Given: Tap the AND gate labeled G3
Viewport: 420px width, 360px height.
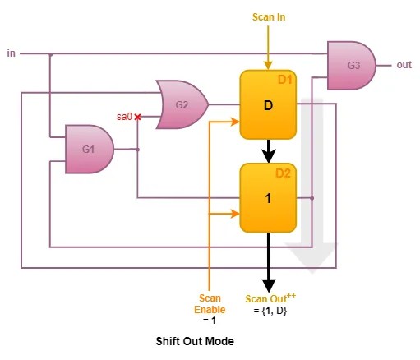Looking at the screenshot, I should pos(351,66).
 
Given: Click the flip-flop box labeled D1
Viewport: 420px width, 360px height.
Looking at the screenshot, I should pos(268,105).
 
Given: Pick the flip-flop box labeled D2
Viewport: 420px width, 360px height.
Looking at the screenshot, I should pos(268,198).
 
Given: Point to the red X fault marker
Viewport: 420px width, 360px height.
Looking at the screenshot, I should pos(137,118).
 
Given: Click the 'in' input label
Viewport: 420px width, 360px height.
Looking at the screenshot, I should pos(11,53).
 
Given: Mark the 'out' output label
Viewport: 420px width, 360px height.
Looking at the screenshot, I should pos(404,65).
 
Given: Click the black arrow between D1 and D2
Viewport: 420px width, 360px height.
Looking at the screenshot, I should pos(268,150).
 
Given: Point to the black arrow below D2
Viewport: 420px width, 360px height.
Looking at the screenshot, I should pos(268,259).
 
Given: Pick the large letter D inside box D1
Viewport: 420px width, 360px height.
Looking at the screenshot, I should pos(268,106).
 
